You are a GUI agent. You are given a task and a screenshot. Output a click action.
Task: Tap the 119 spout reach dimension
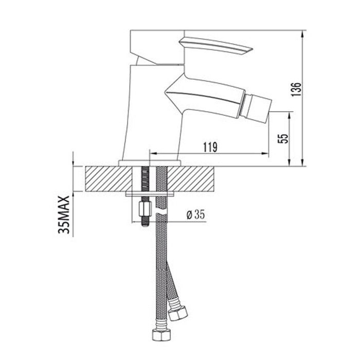point(209,147)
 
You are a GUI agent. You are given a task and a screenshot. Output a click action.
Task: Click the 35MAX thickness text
point(64,214)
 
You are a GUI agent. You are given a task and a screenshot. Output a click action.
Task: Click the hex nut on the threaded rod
point(145,209)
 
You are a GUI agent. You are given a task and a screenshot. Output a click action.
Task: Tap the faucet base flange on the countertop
point(150,163)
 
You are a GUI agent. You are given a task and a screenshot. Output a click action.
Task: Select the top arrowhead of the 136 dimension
point(302,32)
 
